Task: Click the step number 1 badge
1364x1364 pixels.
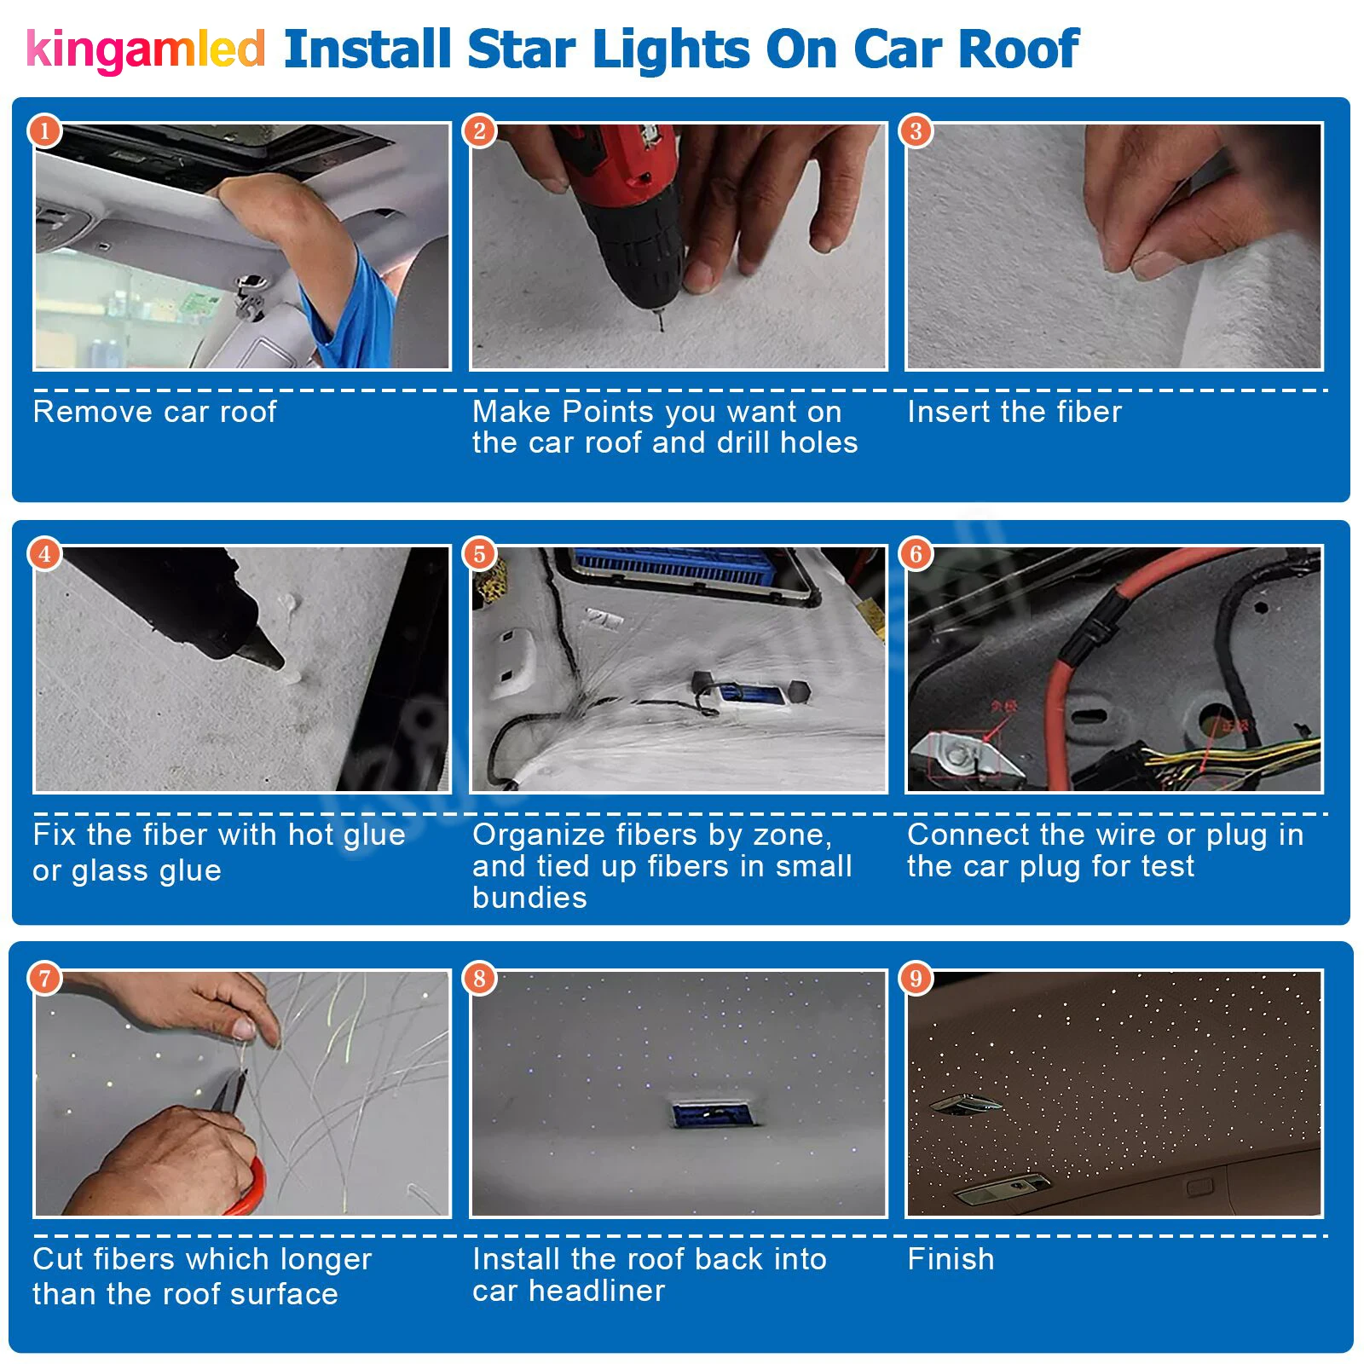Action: click(x=45, y=130)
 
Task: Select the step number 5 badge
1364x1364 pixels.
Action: click(x=480, y=554)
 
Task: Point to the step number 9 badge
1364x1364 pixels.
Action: click(x=916, y=978)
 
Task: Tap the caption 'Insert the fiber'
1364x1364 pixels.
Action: click(x=1014, y=413)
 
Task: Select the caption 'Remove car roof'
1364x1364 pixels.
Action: click(x=154, y=413)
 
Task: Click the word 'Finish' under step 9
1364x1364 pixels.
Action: click(x=951, y=1259)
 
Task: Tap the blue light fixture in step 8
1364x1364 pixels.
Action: click(x=711, y=1113)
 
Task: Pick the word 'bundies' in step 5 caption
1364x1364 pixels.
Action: click(x=529, y=899)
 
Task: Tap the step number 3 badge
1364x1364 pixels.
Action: click(x=916, y=130)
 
